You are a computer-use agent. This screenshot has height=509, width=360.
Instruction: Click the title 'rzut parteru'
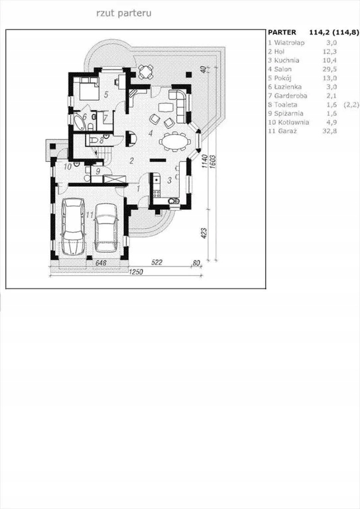pyautogui.click(x=124, y=13)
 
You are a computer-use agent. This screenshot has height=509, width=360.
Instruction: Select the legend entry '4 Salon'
pyautogui.click(x=280, y=69)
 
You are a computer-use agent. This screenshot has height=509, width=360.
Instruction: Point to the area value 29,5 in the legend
pyautogui.click(x=331, y=69)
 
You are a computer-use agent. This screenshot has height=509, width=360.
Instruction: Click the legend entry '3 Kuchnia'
pyautogui.click(x=284, y=60)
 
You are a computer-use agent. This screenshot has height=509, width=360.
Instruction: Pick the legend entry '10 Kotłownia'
pyautogui.click(x=288, y=123)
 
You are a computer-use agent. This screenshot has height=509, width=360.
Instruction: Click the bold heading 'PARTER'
pyautogui.click(x=282, y=32)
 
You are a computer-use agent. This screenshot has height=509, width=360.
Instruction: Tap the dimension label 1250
pyautogui.click(x=136, y=272)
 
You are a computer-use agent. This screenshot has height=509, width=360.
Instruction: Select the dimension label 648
pyautogui.click(x=101, y=263)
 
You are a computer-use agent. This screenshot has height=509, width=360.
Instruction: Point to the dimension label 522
pyautogui.click(x=156, y=262)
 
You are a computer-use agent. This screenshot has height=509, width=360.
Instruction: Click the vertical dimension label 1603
pyautogui.click(x=213, y=161)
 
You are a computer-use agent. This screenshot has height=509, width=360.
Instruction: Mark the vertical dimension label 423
pyautogui.click(x=204, y=233)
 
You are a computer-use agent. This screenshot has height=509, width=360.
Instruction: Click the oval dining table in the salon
pyautogui.click(x=174, y=142)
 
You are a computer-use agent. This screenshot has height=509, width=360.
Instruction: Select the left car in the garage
pyautogui.click(x=73, y=226)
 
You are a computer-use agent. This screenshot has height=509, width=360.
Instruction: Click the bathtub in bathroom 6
pyautogui.click(x=79, y=121)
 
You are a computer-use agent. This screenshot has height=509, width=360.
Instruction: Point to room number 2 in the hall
pyautogui.click(x=131, y=160)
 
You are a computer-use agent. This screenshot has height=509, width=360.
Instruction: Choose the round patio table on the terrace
pyautogui.click(x=146, y=72)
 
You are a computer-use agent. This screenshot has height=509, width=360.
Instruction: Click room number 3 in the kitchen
pyautogui.click(x=169, y=180)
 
